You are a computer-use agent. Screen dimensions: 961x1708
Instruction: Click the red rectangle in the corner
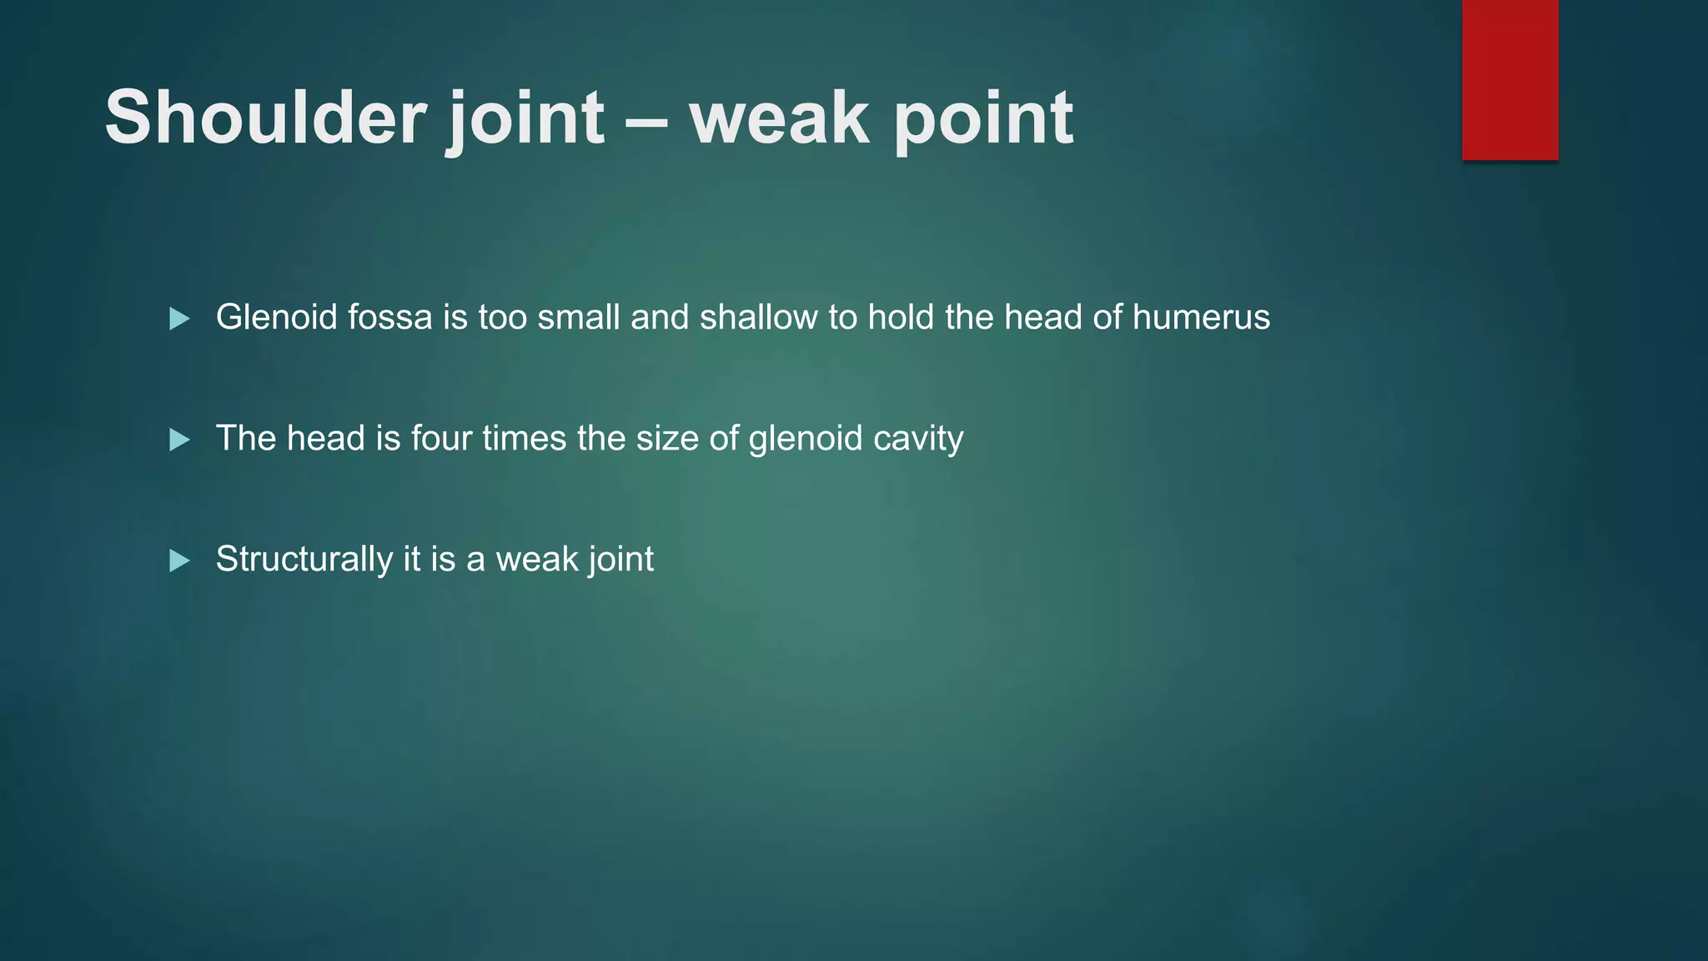pos(1510,79)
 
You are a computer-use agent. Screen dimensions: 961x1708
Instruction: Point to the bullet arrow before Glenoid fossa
pos(179,319)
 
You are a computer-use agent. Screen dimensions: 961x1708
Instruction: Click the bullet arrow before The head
pos(179,440)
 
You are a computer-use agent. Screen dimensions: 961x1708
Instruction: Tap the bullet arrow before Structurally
pos(179,561)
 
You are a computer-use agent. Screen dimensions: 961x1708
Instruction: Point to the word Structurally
pos(304,560)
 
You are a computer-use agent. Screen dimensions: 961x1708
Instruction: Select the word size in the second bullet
pos(667,438)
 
